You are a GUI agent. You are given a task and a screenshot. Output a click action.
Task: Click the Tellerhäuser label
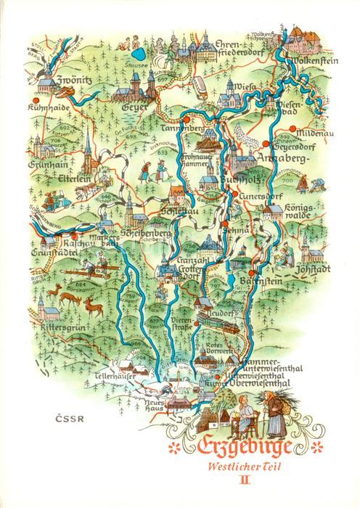[x=115, y=378]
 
